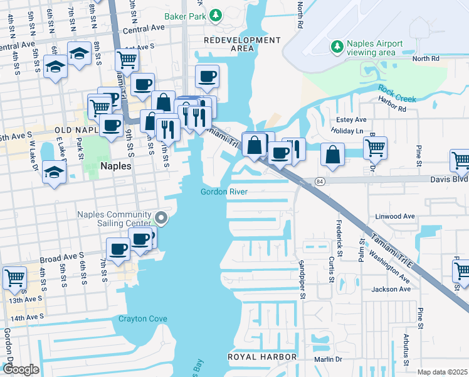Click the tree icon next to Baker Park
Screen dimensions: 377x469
click(x=216, y=14)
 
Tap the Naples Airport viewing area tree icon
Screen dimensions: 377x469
click(x=337, y=46)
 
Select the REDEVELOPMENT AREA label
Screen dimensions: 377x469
click(x=243, y=44)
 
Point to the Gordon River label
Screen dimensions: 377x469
click(x=224, y=192)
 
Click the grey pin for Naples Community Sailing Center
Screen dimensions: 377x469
click(x=162, y=218)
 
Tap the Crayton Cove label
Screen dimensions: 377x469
click(x=143, y=319)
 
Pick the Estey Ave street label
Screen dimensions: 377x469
click(x=350, y=119)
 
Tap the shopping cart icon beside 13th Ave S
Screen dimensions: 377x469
click(x=14, y=276)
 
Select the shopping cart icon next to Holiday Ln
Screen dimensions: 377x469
click(x=375, y=148)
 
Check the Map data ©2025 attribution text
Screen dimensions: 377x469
click(x=442, y=372)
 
